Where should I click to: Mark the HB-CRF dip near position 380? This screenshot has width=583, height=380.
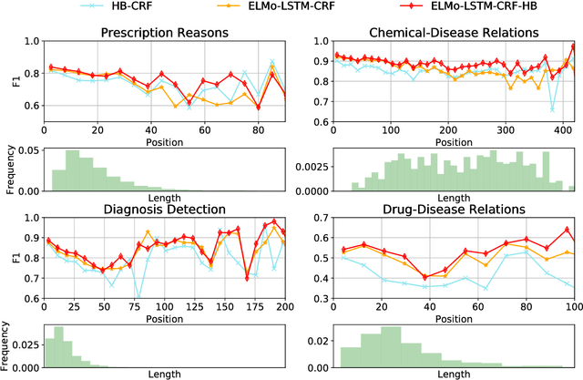pyautogui.click(x=552, y=109)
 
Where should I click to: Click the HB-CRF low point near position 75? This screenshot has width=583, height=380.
pyautogui.click(x=138, y=297)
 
